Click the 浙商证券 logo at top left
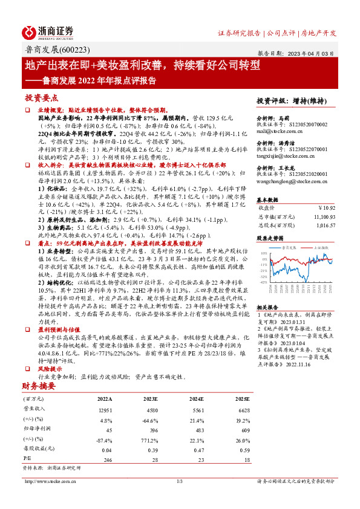coord(48,32)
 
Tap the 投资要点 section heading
coord(41,97)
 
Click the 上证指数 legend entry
coord(321,247)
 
